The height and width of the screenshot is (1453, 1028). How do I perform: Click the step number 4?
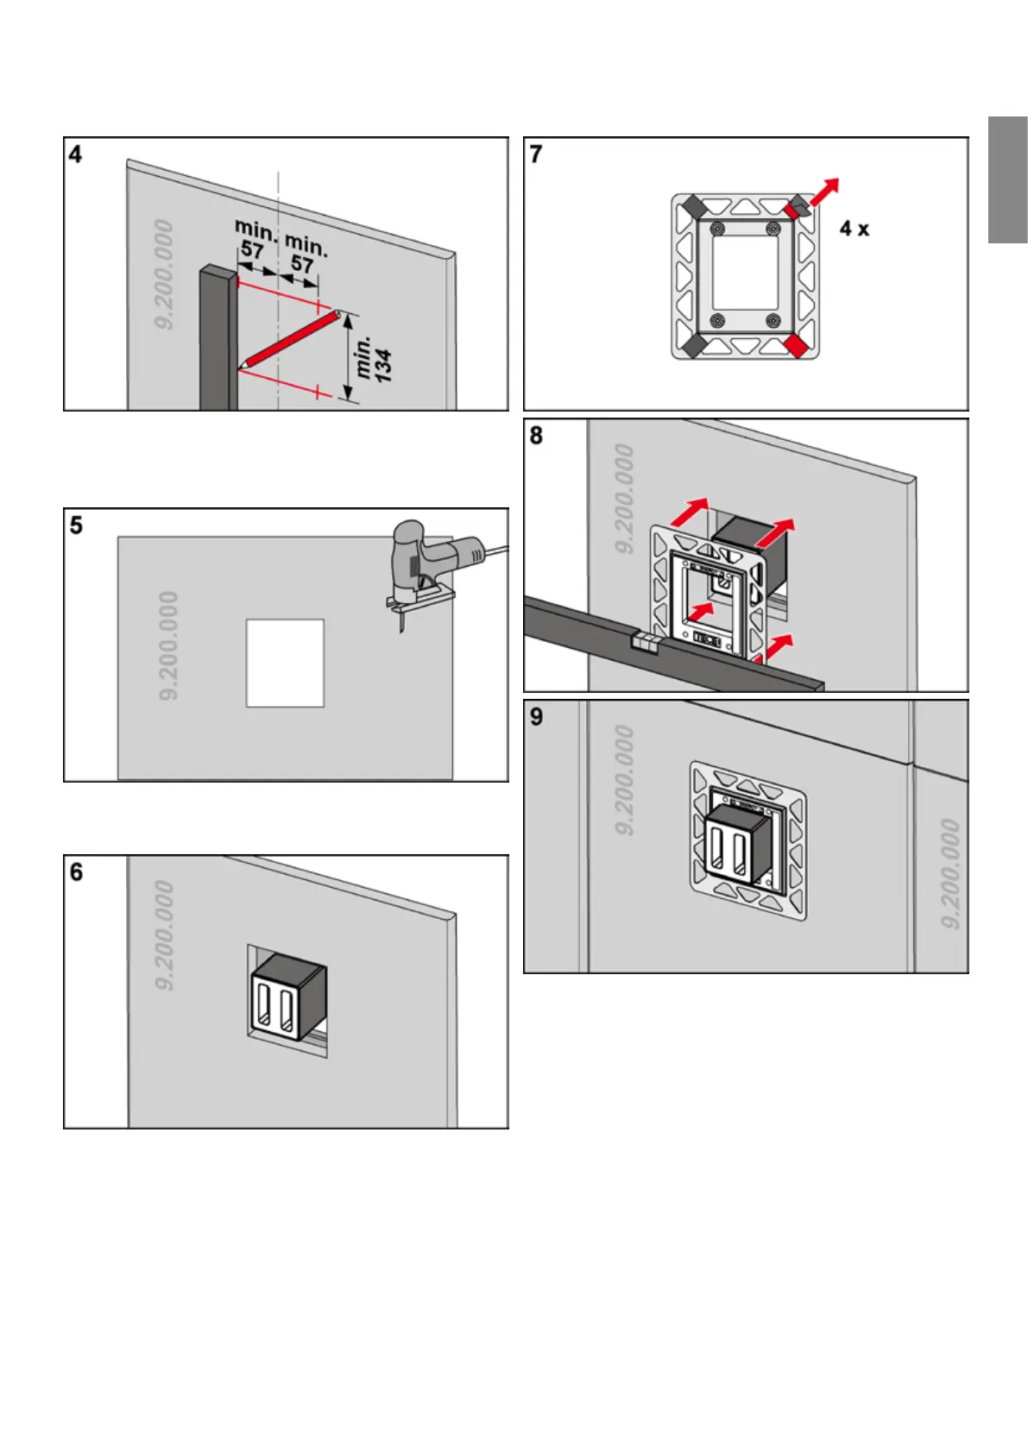pos(76,154)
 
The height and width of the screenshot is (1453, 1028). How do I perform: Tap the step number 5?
pos(76,525)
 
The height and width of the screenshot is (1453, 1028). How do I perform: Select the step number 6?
pos(76,872)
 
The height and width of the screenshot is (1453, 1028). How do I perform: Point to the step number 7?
pos(536,154)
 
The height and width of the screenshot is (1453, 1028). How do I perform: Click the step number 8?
pos(536,436)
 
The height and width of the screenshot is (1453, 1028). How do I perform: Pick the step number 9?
pos(536,717)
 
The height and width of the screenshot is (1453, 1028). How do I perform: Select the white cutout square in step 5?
pos(285,663)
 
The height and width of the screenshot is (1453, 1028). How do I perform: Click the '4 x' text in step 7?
pos(855,229)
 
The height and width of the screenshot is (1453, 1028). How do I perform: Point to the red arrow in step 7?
pos(823,192)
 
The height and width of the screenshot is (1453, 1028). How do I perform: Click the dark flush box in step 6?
pos(287,997)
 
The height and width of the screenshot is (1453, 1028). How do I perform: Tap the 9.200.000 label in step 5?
pos(169,645)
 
